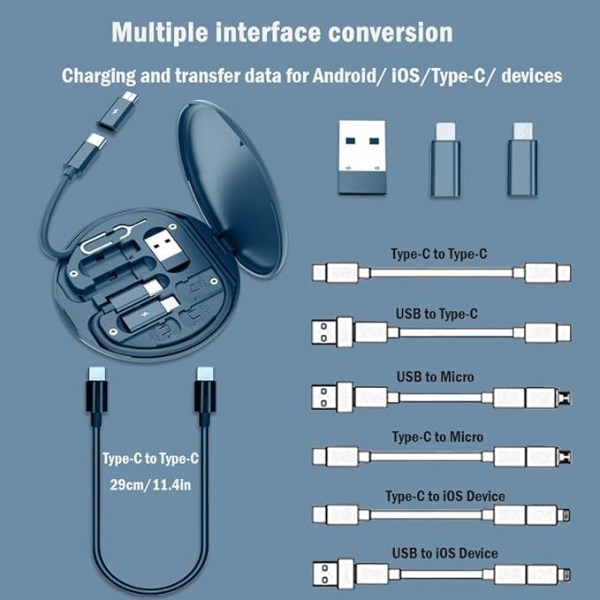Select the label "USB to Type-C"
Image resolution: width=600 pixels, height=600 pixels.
[x=438, y=314]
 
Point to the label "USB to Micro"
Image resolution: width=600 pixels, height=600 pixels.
[x=438, y=376]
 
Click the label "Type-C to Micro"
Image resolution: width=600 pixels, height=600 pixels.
[x=438, y=437]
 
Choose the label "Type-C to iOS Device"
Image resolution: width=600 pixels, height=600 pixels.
[x=445, y=496]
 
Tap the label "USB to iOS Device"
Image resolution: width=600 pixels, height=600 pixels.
[x=445, y=553]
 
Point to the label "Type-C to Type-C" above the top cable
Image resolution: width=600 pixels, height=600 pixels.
[x=438, y=254]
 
